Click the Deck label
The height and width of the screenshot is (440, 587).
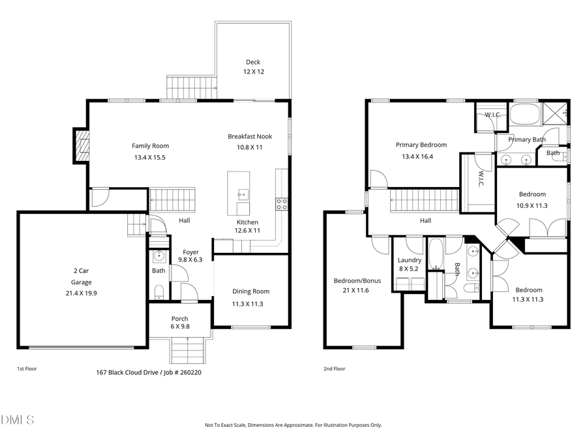(254, 62)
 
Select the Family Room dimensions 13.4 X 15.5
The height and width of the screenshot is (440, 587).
(150, 157)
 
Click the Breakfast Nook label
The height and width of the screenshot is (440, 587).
(250, 136)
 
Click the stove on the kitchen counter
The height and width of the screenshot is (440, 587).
(282, 203)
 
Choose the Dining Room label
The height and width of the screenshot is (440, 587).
(251, 291)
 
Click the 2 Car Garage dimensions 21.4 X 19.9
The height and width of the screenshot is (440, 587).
(82, 293)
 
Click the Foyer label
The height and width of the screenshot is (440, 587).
(190, 252)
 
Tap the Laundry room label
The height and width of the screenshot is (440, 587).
(410, 260)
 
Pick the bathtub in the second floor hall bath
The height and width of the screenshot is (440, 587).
(436, 254)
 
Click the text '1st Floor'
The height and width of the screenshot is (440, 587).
(27, 369)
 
